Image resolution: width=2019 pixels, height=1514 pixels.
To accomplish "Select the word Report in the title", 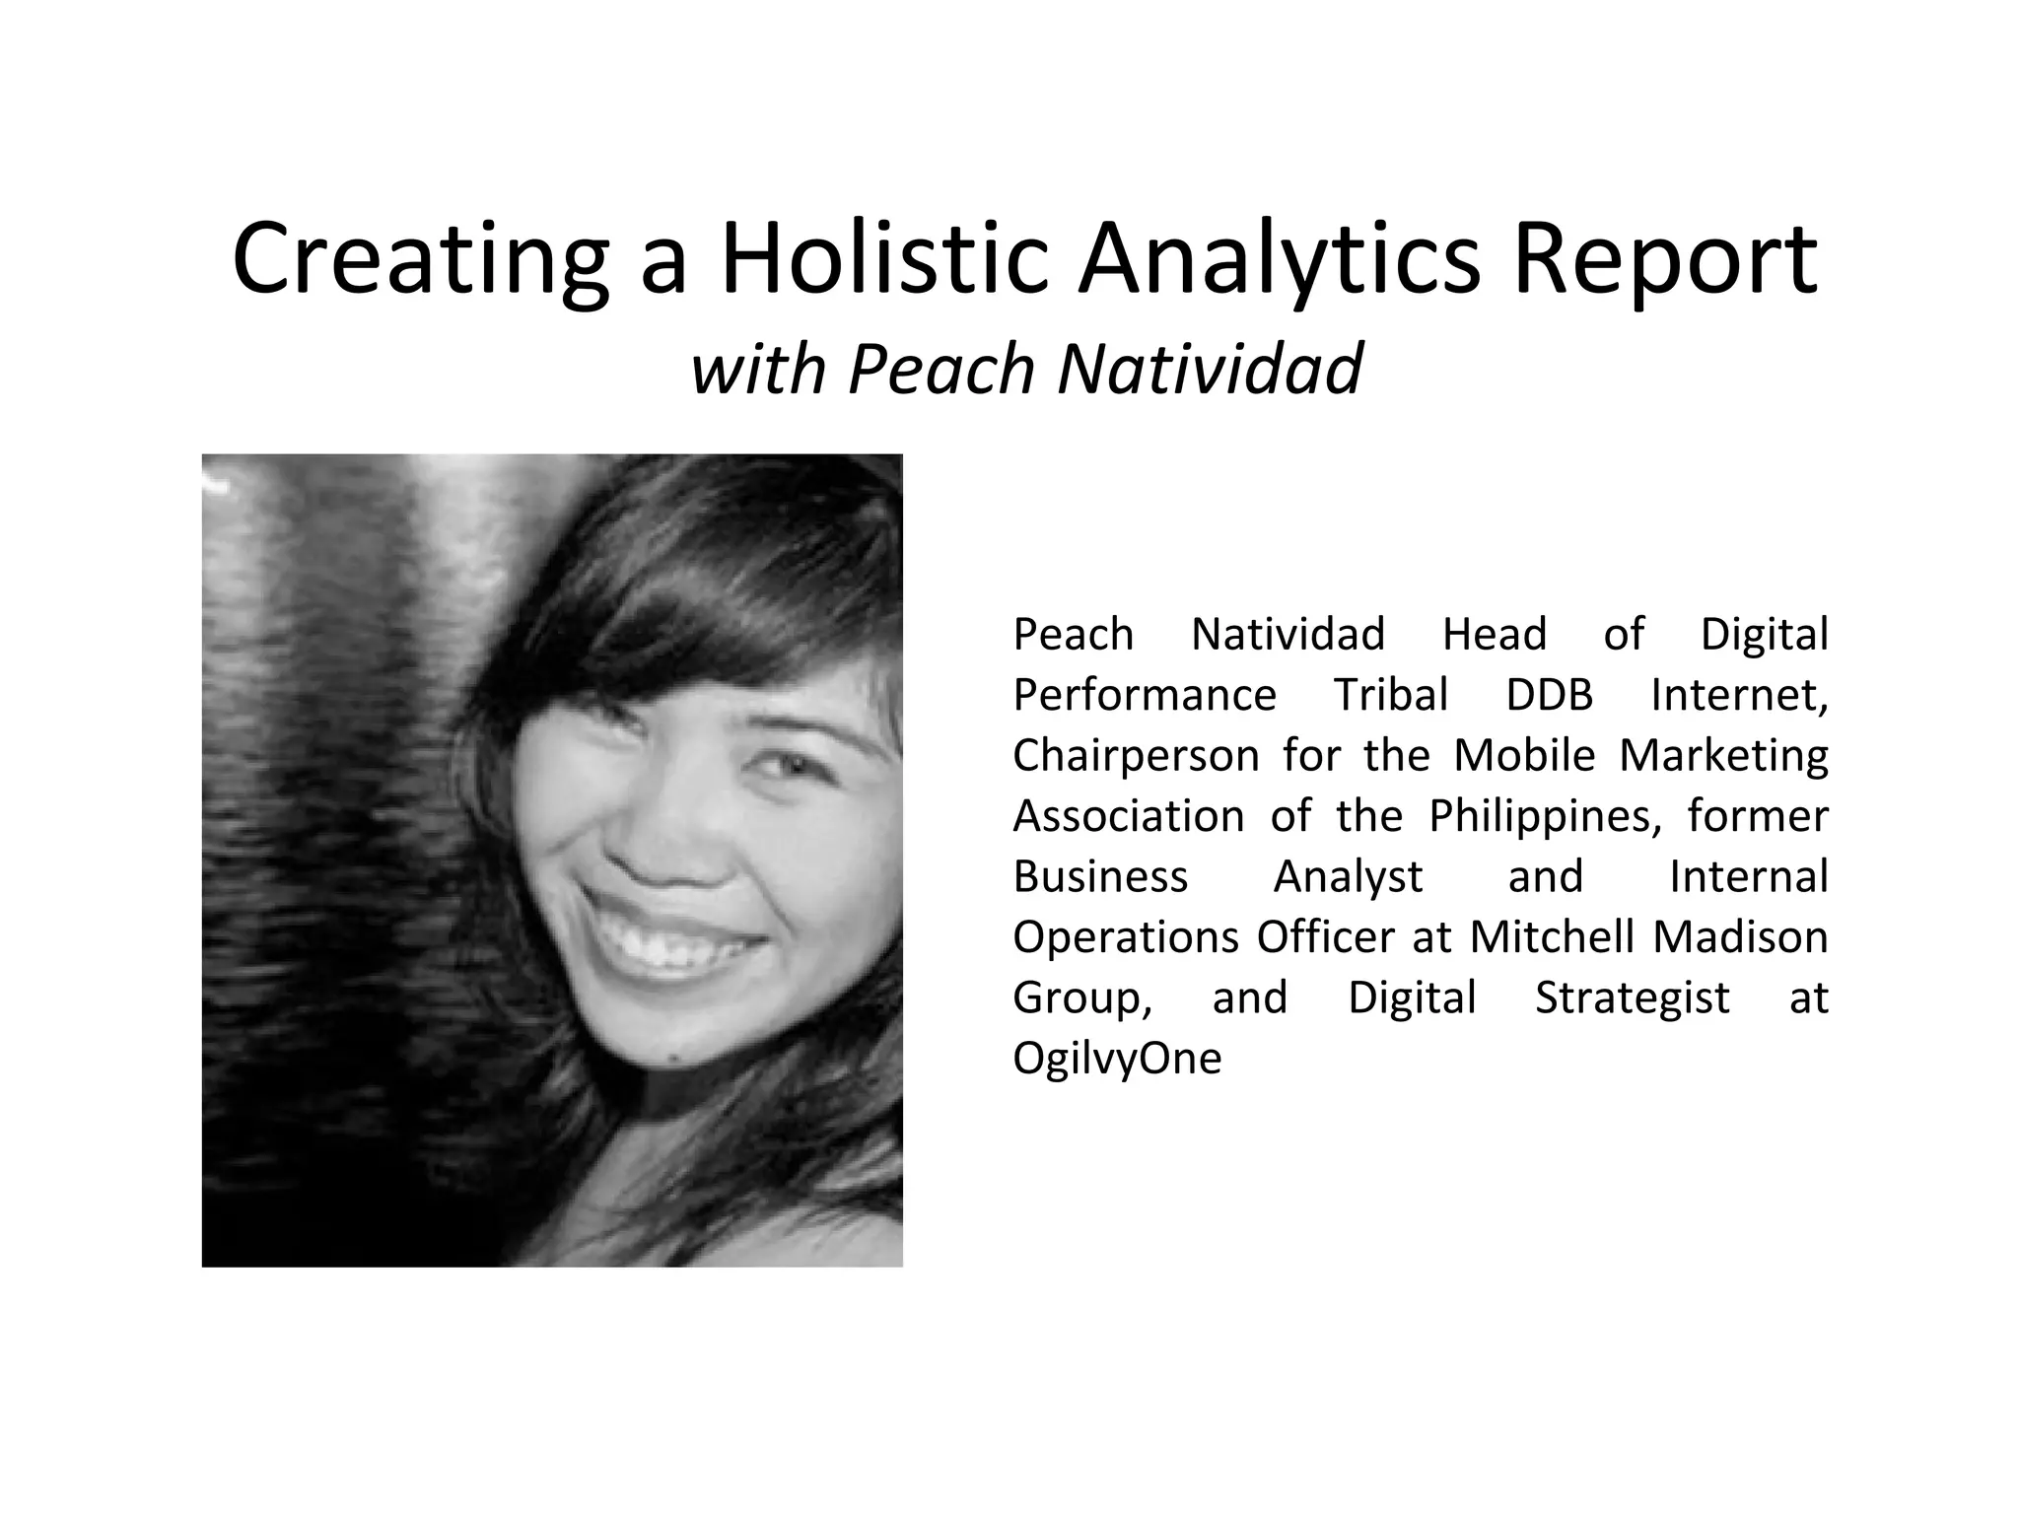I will tap(1664, 258).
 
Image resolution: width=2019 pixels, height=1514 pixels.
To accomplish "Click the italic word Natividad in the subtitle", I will tap(1210, 369).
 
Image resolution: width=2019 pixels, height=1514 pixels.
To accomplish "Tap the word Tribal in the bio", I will tap(1390, 695).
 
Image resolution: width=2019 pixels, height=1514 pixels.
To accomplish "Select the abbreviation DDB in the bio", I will tap(1549, 695).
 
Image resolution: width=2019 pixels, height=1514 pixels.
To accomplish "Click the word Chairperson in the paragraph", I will tap(1136, 756).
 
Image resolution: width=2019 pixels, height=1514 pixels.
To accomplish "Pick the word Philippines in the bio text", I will tap(1545, 816).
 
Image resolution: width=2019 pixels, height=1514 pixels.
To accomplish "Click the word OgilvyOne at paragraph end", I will tap(1117, 1059).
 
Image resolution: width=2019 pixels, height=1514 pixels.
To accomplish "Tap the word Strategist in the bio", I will tap(1632, 998).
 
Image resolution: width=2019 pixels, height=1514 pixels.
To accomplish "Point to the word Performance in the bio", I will tap(1145, 695).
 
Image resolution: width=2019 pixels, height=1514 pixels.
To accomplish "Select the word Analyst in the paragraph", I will tap(1348, 876).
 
